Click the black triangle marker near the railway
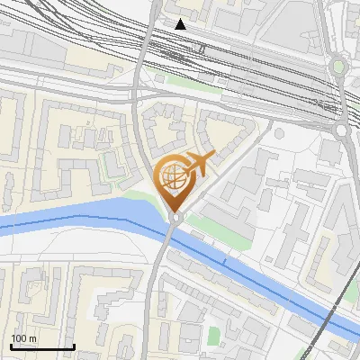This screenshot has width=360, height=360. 181,24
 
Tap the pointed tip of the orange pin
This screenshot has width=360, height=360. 174,211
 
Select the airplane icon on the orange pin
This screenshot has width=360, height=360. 198,164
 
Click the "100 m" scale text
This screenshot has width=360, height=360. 23,338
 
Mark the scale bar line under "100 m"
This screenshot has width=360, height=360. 42,346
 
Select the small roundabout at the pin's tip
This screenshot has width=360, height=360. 175,216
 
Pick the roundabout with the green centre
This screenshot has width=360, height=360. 339,66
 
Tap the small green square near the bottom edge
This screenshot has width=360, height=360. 213,336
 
